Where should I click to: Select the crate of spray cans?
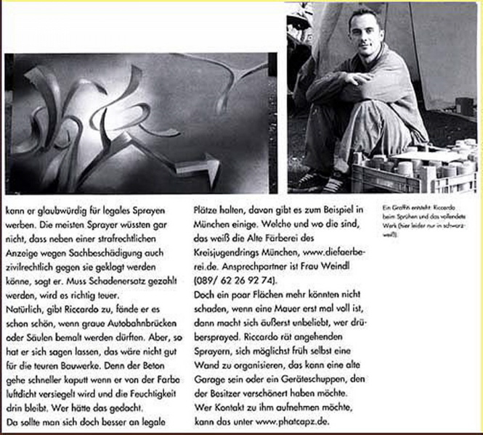click(414, 167)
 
